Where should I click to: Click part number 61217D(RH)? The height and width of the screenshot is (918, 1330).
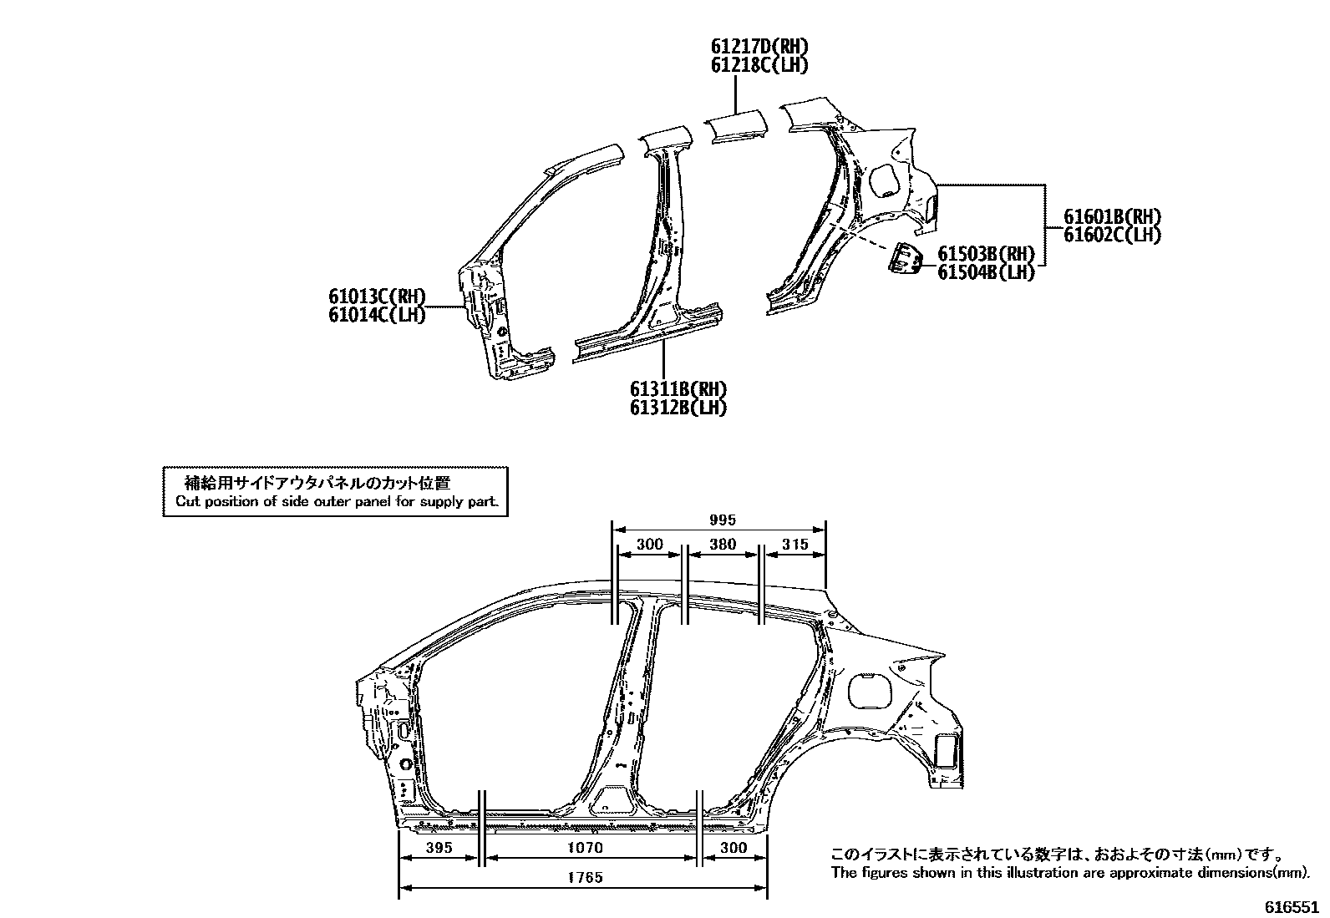pos(759,48)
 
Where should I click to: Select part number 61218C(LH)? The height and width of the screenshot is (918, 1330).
pos(759,65)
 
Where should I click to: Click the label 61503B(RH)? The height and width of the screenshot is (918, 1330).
pos(986,254)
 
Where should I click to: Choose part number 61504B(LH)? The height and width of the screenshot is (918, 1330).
pos(986,272)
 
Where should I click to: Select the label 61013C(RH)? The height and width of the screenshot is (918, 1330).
pos(377,297)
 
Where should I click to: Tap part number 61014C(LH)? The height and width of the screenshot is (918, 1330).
pos(377,315)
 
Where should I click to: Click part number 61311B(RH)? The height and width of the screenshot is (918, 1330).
pos(678,389)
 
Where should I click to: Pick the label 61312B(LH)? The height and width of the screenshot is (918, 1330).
pos(678,408)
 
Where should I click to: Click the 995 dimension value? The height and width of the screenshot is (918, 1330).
pos(722,520)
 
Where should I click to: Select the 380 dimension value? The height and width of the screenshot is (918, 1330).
pos(722,545)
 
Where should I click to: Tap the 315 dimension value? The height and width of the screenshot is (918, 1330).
pos(794,545)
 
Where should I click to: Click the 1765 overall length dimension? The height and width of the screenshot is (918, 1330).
pos(585,877)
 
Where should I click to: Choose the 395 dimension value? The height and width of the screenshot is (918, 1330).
pos(438,848)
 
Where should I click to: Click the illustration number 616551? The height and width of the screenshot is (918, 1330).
pos(1291,907)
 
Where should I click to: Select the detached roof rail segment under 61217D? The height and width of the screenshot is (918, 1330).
pos(735,128)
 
